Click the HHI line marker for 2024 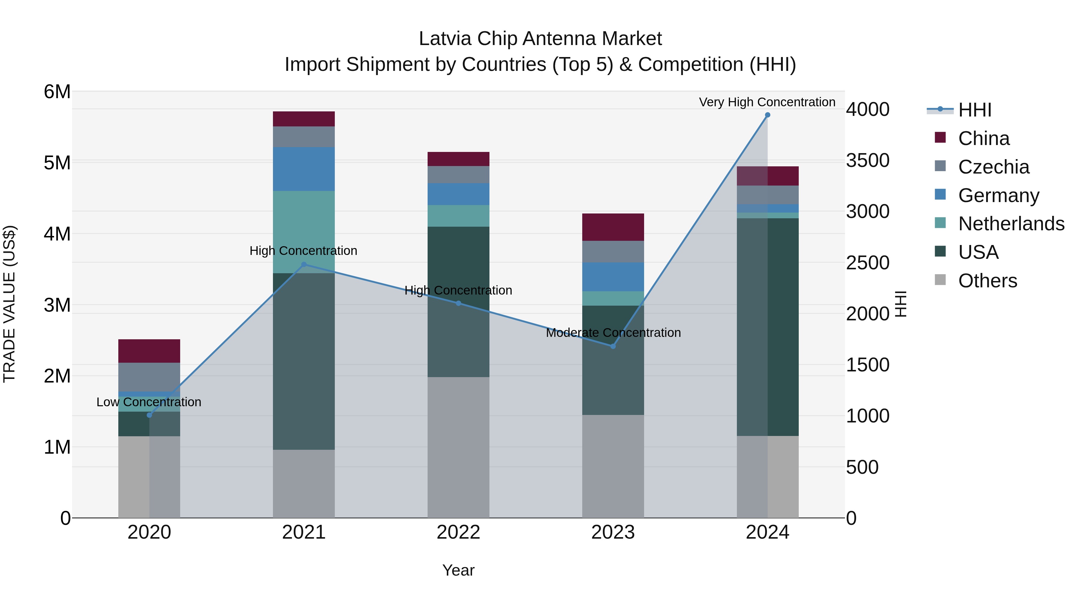(x=768, y=115)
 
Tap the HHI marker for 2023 (x=613, y=346)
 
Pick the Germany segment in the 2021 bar (x=304, y=169)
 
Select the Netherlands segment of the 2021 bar (x=304, y=232)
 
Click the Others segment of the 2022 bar (x=458, y=447)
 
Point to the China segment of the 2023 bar (x=613, y=227)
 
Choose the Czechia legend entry (x=993, y=167)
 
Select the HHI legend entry (x=974, y=110)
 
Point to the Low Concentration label (x=149, y=402)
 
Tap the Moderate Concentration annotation (x=613, y=333)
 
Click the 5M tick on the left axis (x=57, y=163)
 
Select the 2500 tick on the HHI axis (x=867, y=263)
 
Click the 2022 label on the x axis (x=458, y=532)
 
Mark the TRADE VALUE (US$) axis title (x=9, y=304)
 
